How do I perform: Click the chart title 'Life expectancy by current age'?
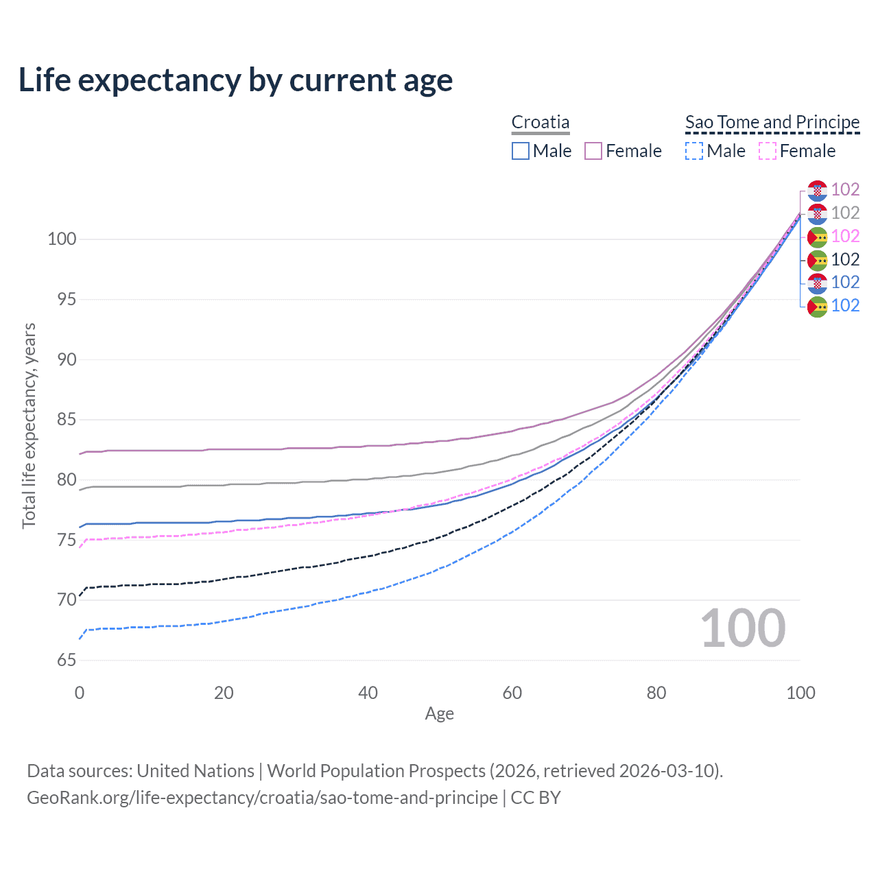[x=235, y=80]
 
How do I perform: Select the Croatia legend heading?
[x=541, y=122]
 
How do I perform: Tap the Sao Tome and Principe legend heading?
[x=772, y=122]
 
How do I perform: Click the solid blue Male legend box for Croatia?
[x=521, y=151]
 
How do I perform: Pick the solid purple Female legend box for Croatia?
[x=593, y=151]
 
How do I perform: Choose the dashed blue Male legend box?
[x=694, y=151]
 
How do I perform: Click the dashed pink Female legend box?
[x=768, y=151]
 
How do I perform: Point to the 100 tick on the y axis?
[x=62, y=239]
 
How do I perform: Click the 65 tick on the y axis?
[x=67, y=661]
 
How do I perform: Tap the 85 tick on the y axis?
[x=67, y=420]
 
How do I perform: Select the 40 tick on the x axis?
[x=368, y=693]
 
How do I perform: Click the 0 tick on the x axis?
[x=80, y=693]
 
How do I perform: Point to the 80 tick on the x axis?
[x=656, y=693]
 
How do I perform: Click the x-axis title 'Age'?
[x=439, y=714]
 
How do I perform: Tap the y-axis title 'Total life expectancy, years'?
[x=29, y=425]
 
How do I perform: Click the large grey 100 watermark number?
[x=743, y=628]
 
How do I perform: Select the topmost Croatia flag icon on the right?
[x=817, y=190]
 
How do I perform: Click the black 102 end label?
[x=845, y=260]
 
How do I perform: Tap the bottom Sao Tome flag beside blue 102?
[x=817, y=307]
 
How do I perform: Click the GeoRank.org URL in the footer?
[x=262, y=798]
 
